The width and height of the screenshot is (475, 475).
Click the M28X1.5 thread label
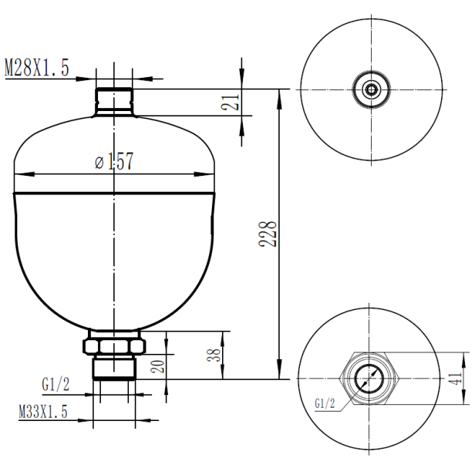pyautogui.click(x=37, y=68)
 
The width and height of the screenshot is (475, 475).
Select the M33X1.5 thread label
pyautogui.click(x=43, y=413)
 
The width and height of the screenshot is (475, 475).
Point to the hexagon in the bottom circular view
pyautogui.click(x=372, y=379)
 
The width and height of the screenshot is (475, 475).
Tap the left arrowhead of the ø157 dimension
pyautogui.click(x=19, y=171)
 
